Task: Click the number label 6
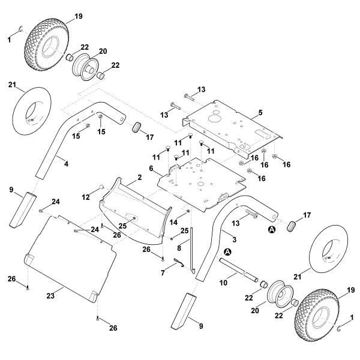pyautogui.click(x=151, y=169)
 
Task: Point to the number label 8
pyautogui.click(x=179, y=248)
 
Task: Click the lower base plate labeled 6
pyautogui.click(x=201, y=180)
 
